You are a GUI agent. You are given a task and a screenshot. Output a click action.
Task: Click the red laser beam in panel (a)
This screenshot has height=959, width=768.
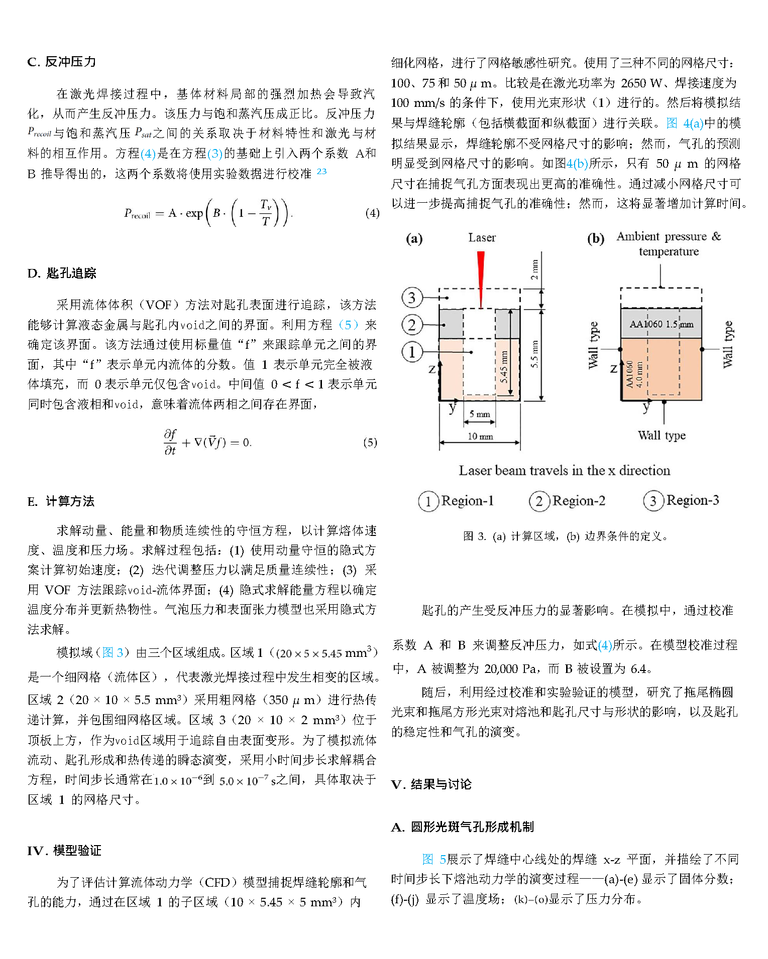click(x=481, y=276)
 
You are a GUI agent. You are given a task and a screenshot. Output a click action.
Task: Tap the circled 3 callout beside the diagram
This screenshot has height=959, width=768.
click(x=411, y=298)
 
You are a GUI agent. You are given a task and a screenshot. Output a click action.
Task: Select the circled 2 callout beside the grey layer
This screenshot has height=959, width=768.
click(x=411, y=325)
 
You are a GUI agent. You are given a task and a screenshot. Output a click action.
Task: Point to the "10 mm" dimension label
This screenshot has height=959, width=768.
click(x=480, y=436)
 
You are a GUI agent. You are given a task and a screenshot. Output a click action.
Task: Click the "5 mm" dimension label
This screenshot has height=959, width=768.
click(x=479, y=414)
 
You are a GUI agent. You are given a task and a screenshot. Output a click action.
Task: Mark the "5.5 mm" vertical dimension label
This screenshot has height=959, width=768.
click(x=534, y=354)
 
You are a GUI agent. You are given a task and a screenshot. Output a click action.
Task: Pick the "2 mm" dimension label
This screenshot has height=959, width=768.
click(x=534, y=269)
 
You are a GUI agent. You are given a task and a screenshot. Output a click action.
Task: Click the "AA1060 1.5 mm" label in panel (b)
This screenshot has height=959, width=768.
click(x=661, y=324)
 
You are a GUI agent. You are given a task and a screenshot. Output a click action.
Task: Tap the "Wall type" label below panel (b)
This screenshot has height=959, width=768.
click(x=662, y=436)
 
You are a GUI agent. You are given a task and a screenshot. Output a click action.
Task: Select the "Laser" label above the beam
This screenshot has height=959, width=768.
click(x=482, y=238)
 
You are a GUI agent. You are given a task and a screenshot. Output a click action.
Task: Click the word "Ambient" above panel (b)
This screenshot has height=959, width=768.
click(x=638, y=236)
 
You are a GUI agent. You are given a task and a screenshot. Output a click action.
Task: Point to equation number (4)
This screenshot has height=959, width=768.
click(x=372, y=213)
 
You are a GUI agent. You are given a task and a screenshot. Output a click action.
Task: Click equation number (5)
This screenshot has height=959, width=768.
click(x=370, y=442)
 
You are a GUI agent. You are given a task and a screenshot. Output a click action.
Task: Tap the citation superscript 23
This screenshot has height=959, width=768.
click(x=321, y=171)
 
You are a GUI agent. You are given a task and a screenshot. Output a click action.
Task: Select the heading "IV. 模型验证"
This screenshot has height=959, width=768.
click(x=64, y=850)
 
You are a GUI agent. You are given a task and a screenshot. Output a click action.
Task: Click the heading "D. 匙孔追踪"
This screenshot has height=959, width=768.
click(x=62, y=273)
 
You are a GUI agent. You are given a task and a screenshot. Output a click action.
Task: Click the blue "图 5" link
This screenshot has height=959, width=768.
click(x=434, y=859)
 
